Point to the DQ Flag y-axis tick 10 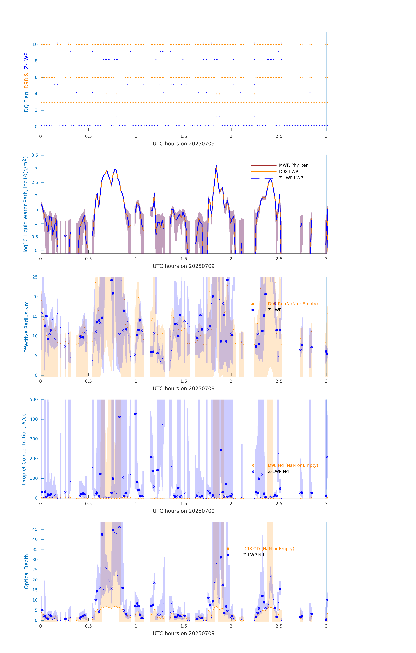(x=35, y=45)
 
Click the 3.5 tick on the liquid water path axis (x=35, y=155)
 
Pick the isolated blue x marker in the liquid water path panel (x=65, y=236)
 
